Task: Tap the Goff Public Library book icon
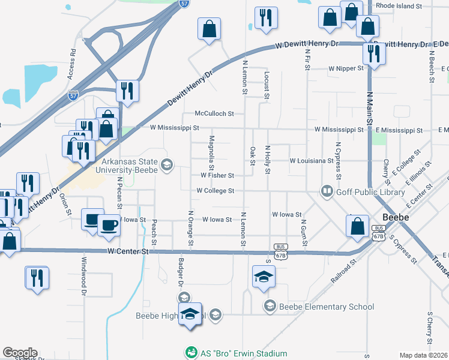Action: tap(327, 191)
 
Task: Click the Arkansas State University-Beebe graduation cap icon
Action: tap(166, 164)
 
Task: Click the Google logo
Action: tap(20, 353)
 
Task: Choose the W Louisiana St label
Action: tap(312, 161)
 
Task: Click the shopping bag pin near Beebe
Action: tap(357, 226)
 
